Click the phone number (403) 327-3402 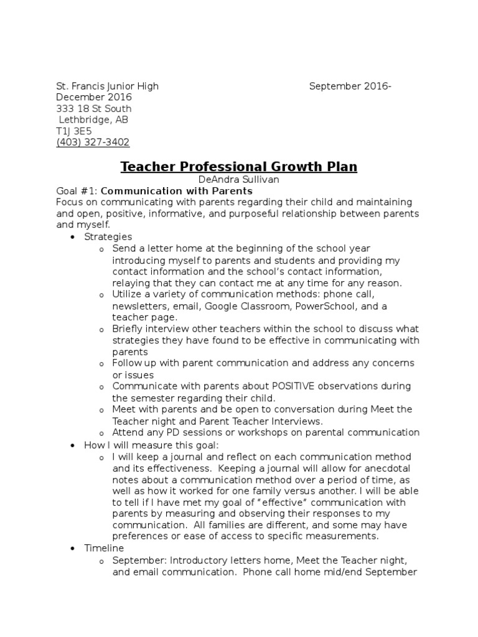tap(93, 142)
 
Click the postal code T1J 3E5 tap(74, 131)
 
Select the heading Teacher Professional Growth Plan tap(238, 167)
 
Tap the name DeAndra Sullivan tap(238, 179)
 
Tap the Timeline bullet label tap(104, 548)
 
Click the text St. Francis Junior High tap(107, 86)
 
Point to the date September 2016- tap(350, 86)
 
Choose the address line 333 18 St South tap(94, 109)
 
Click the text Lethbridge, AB tap(93, 120)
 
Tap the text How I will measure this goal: tap(151, 445)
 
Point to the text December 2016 tap(94, 98)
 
